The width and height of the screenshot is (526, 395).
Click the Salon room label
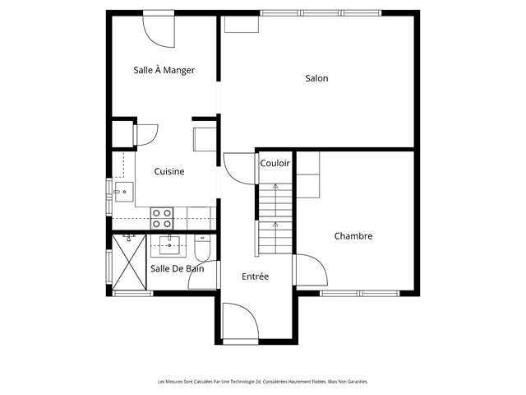316,78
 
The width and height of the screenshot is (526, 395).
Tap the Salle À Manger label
164,70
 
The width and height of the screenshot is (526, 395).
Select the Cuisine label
169,171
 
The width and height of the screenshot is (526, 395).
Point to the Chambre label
353,236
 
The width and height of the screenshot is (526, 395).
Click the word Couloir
275,163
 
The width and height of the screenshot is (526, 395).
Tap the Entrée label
256,276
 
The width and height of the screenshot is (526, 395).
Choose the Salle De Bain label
178,269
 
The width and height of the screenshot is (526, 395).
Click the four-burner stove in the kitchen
162,218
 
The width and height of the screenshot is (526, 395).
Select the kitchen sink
124,192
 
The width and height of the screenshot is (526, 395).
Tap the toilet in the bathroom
202,248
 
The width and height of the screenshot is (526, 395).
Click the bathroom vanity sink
169,245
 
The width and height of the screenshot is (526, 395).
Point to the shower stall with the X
129,263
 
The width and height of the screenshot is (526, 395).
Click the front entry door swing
240,323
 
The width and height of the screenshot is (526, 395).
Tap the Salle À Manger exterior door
159,30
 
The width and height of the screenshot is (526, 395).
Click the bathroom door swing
203,275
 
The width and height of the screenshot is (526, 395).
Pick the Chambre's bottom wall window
360,294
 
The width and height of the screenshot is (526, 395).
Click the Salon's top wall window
321,13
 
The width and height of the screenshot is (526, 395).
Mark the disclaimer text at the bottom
263,382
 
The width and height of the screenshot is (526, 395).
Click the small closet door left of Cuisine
145,135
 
